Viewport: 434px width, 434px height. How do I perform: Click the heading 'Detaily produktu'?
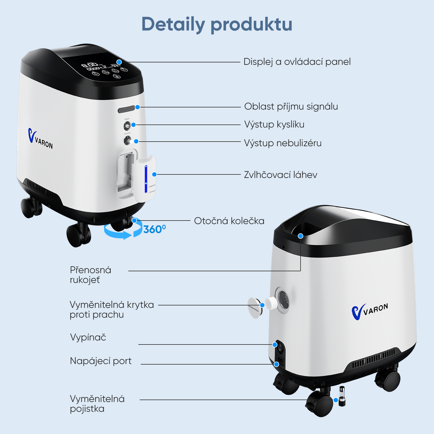click(217, 24)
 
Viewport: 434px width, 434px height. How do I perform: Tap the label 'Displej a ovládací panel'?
click(297, 62)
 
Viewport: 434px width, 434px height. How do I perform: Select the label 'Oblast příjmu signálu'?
click(291, 107)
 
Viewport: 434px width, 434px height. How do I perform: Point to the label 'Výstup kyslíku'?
click(274, 124)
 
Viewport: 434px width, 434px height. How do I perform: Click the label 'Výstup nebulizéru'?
click(283, 143)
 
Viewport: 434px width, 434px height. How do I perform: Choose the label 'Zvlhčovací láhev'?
click(281, 175)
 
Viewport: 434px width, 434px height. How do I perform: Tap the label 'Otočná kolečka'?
click(229, 221)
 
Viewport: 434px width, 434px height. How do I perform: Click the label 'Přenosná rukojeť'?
click(90, 275)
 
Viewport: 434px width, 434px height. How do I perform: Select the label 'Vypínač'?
click(88, 337)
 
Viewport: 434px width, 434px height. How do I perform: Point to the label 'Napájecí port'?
click(101, 361)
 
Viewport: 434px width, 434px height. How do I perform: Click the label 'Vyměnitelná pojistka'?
click(97, 404)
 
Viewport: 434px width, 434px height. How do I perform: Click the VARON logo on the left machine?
click(40, 139)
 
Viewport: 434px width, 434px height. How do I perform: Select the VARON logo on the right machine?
click(370, 311)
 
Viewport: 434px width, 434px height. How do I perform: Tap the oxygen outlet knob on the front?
click(127, 126)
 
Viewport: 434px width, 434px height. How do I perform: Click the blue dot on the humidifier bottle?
click(154, 174)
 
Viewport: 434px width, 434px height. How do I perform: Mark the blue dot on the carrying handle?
click(300, 236)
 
